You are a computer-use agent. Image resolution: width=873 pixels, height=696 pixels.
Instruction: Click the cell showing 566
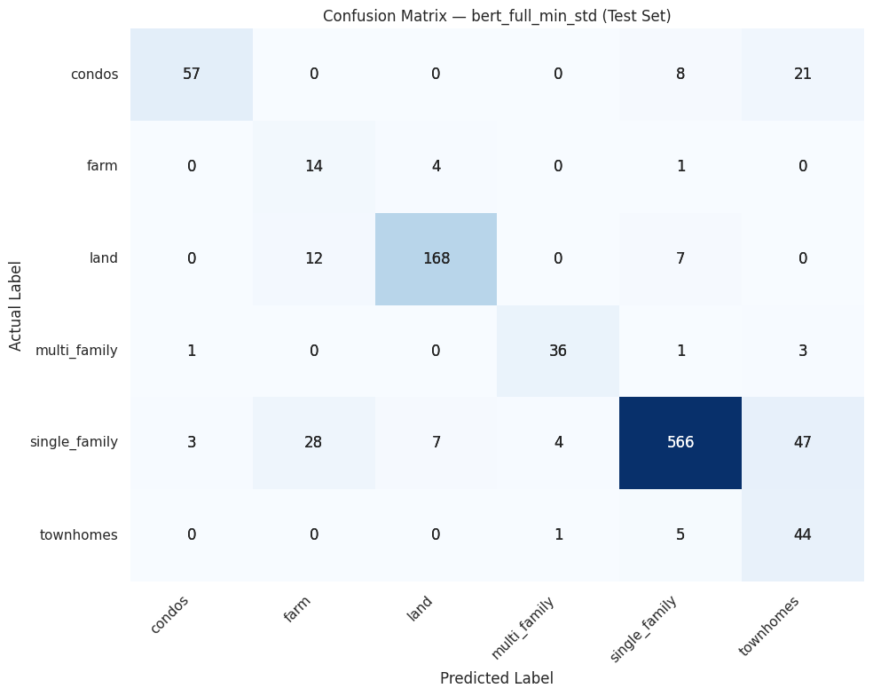point(680,443)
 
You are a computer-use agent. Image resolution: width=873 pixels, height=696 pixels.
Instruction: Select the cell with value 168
point(436,258)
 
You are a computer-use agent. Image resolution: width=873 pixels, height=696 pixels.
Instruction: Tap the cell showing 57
point(192,74)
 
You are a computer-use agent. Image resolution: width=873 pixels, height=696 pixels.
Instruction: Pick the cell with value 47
point(803,443)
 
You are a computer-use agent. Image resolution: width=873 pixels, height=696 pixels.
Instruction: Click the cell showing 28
point(313,443)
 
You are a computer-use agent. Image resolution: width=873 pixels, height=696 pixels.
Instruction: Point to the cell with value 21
point(803,74)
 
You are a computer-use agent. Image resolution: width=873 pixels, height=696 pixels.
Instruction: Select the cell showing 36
point(558,351)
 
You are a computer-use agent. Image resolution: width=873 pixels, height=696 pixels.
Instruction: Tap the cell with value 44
point(803,535)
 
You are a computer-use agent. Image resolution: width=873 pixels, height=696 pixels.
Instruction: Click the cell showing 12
point(313,258)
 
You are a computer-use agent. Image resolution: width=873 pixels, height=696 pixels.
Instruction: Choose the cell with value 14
point(313,166)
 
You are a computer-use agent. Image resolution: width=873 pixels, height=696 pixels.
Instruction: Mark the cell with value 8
point(680,74)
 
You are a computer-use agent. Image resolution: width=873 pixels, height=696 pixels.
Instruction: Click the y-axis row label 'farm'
point(103,166)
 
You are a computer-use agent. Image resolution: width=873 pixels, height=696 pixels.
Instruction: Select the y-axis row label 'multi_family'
point(76,351)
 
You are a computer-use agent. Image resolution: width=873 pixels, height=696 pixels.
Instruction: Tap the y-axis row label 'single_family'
point(74,443)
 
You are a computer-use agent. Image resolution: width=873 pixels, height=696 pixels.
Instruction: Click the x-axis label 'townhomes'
point(769,626)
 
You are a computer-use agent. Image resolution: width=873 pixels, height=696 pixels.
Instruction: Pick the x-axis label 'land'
point(420,608)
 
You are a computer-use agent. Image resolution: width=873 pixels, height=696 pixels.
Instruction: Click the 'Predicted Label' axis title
point(497,678)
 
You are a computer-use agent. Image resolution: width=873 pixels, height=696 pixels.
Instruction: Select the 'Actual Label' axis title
point(16,304)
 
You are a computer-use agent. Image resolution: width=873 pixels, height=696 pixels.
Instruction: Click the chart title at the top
point(497,16)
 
